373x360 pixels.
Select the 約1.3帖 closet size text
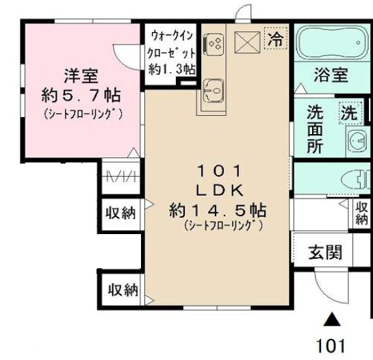click(x=172, y=68)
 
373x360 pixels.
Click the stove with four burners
click(x=214, y=44)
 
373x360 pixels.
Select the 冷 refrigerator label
click(x=275, y=39)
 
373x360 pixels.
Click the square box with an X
click(x=246, y=42)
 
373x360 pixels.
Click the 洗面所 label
click(x=315, y=127)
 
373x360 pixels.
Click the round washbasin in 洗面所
click(x=356, y=141)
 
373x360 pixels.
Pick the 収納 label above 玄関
click(x=362, y=213)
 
